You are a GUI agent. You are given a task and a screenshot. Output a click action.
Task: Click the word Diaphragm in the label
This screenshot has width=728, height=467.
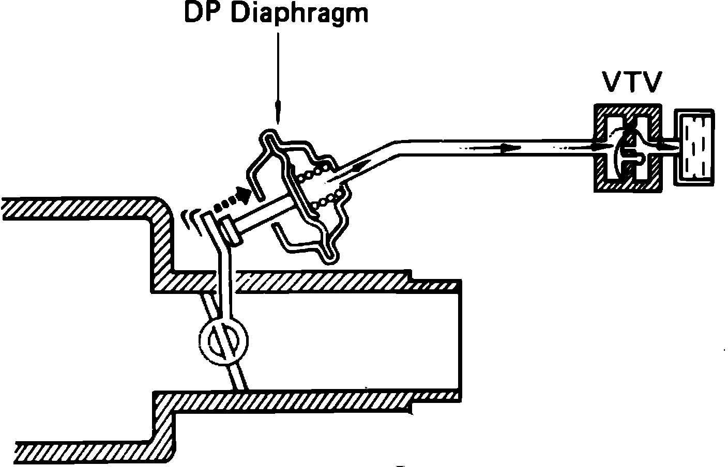(299, 14)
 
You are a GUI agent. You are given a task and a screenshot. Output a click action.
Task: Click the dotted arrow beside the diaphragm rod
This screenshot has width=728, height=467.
(233, 200)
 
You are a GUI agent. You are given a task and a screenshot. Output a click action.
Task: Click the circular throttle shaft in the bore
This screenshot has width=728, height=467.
(223, 339)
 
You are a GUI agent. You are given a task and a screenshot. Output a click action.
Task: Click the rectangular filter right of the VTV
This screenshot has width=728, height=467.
(696, 147)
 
